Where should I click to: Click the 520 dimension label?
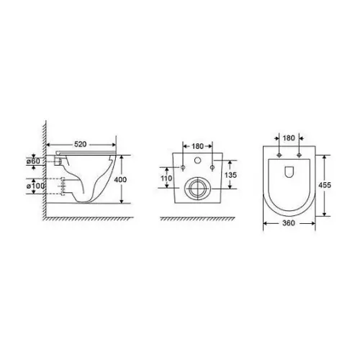coord(80,144)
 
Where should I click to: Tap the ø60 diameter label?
coord(33,161)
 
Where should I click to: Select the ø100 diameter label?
coord(35,186)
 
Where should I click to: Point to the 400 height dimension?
coord(120,179)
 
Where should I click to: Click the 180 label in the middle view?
coord(197,146)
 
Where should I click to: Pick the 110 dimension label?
coord(166,178)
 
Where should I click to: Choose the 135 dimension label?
coord(230,175)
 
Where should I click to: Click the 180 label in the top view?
coord(289,138)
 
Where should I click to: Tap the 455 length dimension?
coord(325,185)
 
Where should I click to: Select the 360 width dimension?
coord(289,223)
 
